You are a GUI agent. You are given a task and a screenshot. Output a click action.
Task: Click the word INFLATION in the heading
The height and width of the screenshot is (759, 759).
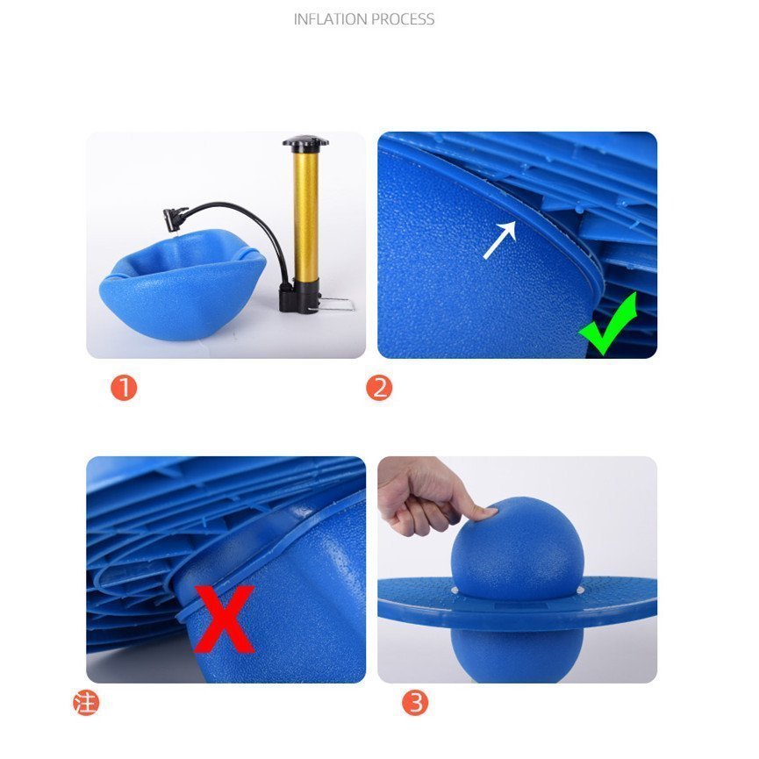coord(331,19)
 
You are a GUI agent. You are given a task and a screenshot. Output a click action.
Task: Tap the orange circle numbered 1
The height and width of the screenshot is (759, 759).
coord(124,388)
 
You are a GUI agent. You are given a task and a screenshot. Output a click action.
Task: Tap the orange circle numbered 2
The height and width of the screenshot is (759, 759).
coord(379,388)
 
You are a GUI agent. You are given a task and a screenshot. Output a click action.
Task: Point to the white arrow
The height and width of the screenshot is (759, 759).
coord(499,240)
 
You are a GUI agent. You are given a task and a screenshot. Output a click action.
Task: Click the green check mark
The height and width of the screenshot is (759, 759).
coord(608,324)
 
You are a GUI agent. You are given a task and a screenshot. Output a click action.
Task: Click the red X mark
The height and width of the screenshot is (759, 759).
coord(224,619)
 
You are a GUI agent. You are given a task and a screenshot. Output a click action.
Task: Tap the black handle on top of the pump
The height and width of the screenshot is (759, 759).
coord(305,142)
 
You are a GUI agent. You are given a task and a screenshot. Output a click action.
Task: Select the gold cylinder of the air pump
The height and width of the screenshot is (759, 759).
coord(305,217)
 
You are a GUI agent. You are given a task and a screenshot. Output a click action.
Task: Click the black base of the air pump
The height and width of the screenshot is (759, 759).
coord(298,297)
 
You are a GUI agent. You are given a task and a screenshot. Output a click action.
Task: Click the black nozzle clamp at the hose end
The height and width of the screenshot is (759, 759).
coord(175,218)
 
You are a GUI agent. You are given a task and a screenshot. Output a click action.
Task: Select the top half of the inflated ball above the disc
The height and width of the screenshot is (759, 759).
coord(518,548)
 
